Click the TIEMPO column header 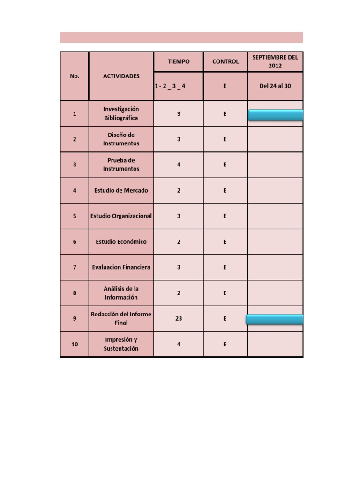click(x=179, y=61)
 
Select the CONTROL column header click(x=225, y=61)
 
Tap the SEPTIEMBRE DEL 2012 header click(x=275, y=61)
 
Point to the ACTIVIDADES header click(x=121, y=76)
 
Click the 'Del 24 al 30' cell click(x=275, y=86)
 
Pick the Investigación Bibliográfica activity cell click(x=121, y=113)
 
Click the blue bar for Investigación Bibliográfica click(x=276, y=115)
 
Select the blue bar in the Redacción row click(x=275, y=319)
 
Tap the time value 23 click(x=179, y=318)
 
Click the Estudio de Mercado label click(x=121, y=190)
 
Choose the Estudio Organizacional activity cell click(x=121, y=216)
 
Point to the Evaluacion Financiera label click(x=121, y=267)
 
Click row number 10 click(x=75, y=344)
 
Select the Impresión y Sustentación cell click(x=121, y=344)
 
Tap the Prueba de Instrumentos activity click(x=121, y=165)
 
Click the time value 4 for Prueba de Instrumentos click(x=179, y=165)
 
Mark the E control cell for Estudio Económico click(x=225, y=242)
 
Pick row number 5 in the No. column click(x=75, y=216)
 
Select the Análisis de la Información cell click(x=121, y=293)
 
